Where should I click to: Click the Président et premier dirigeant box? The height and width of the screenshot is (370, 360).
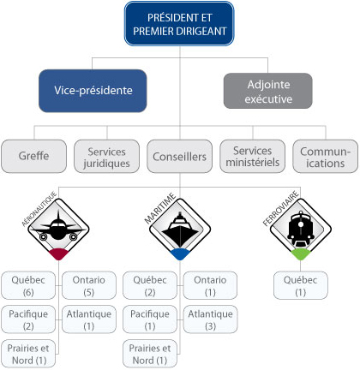178,24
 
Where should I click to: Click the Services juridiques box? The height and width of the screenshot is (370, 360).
106,157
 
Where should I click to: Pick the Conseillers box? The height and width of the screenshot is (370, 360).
178,157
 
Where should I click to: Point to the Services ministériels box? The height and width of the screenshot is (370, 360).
252,157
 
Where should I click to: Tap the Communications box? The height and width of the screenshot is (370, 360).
324,157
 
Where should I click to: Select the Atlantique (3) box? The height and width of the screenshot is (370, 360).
208,319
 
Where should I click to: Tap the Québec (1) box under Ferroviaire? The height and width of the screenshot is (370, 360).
299,285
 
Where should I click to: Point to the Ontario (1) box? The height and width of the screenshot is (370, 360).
208,285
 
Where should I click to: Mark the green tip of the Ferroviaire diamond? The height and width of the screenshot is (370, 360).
299,254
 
